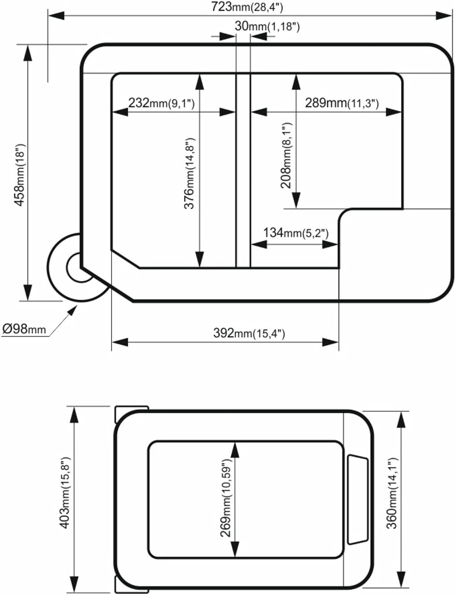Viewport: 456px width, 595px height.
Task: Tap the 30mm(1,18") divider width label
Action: [x=267, y=26]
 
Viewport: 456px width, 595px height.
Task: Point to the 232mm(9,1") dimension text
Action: [x=161, y=103]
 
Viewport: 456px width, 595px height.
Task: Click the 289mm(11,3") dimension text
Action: [x=342, y=103]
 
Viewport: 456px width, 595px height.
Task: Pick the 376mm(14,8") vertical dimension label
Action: [x=190, y=173]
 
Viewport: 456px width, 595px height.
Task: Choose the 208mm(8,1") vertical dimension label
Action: [x=286, y=155]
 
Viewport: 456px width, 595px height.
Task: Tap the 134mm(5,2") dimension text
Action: [x=296, y=232]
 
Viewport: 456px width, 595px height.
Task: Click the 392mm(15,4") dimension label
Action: [x=249, y=333]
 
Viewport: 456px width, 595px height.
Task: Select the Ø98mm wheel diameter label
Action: [x=24, y=329]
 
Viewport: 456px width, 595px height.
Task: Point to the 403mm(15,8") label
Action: [x=65, y=492]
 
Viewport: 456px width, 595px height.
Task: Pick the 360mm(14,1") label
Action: [x=392, y=492]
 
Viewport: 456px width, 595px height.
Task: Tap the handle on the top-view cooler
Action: [x=357, y=500]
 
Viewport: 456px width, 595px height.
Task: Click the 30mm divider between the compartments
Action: [x=243, y=169]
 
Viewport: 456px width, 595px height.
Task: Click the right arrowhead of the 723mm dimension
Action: [x=444, y=16]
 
